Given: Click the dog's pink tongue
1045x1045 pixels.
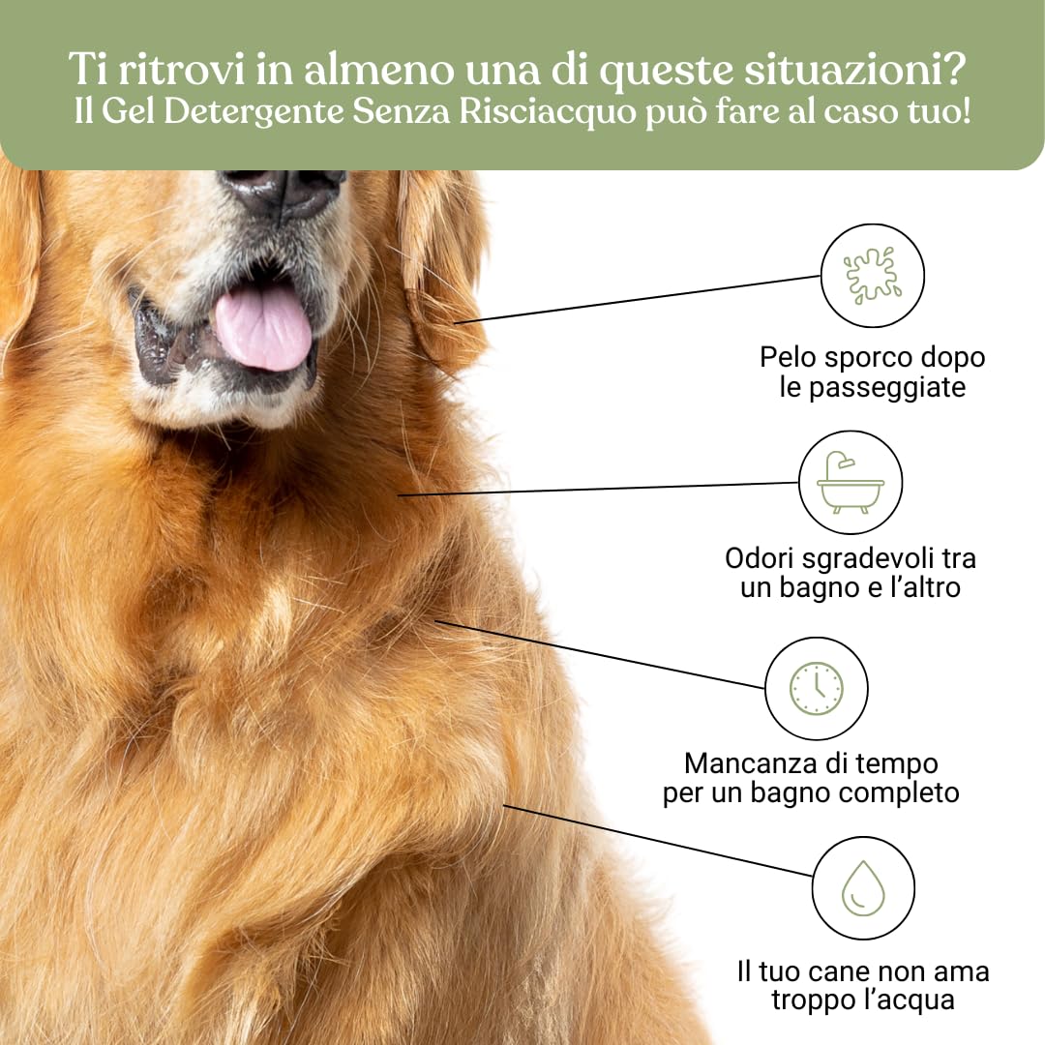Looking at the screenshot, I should [x=263, y=327].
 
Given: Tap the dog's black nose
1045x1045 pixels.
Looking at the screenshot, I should [x=283, y=190].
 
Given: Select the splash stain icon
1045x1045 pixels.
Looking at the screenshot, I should [x=872, y=276].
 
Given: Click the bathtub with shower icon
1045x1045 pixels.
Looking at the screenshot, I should [x=851, y=482].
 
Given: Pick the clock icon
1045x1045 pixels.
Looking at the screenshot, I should [x=816, y=688].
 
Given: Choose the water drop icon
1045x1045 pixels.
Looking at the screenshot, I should [x=862, y=888].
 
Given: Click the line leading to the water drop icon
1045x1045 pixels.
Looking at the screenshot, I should [x=658, y=841].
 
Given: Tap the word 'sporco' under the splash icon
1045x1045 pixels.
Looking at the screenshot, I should [x=854, y=357].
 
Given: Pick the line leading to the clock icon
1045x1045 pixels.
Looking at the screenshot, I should [x=600, y=655].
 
